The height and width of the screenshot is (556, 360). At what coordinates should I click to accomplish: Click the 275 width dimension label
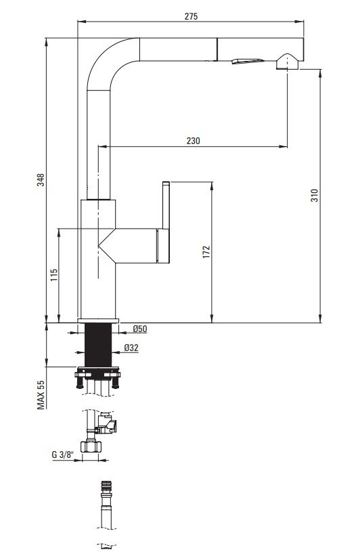[x=191, y=16]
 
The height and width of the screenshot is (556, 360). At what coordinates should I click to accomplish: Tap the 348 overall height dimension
[x=41, y=180]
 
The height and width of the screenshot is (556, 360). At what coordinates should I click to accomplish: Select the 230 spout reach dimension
[x=193, y=141]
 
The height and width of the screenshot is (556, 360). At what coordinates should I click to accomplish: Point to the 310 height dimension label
[x=314, y=195]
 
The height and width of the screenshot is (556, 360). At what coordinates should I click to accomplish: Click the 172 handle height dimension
[x=206, y=252]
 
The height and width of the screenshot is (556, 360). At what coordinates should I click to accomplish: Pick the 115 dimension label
[x=54, y=275]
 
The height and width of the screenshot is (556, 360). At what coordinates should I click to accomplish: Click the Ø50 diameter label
[x=140, y=329]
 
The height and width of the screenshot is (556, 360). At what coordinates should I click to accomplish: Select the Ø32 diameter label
[x=131, y=348]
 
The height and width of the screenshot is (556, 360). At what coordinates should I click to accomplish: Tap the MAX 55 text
[x=41, y=394]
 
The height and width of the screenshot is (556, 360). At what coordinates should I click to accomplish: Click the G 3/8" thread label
[x=62, y=455]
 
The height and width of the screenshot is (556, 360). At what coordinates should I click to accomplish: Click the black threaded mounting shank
[x=98, y=345]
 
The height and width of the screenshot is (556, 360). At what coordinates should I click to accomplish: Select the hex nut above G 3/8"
[x=91, y=447]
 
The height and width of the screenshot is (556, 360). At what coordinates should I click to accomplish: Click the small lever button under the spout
[x=248, y=62]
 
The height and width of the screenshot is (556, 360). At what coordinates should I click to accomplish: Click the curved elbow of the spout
[x=106, y=60]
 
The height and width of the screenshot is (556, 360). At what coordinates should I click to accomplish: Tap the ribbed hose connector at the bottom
[x=106, y=487]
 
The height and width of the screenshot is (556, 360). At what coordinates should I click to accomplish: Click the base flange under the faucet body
[x=98, y=321]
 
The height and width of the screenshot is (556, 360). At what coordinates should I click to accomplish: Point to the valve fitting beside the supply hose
[x=108, y=423]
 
